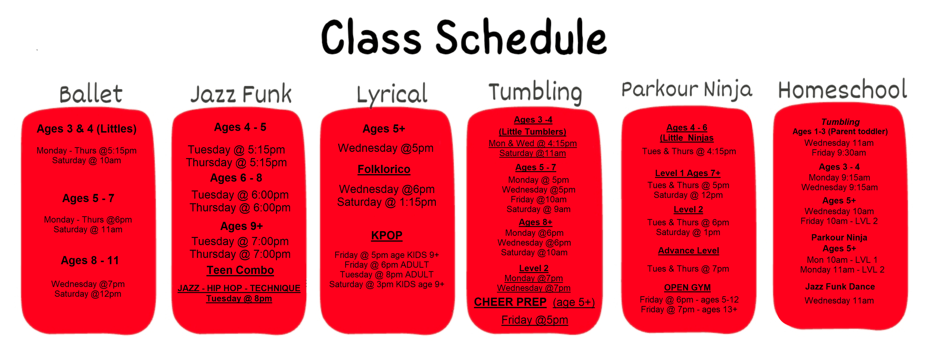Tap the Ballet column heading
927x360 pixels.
click(x=91, y=94)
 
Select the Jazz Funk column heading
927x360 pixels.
click(x=241, y=94)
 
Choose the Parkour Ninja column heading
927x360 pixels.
click(x=687, y=90)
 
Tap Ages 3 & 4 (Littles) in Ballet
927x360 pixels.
click(x=87, y=129)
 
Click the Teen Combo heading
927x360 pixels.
click(x=240, y=270)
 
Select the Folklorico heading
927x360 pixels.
click(x=384, y=169)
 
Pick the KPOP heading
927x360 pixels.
click(x=387, y=235)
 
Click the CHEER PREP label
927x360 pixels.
click(x=510, y=302)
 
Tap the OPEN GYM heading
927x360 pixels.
click(x=687, y=288)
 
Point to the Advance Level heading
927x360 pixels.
click(x=688, y=251)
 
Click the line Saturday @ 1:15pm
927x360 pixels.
click(x=387, y=202)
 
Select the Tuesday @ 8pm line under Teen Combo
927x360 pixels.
click(x=239, y=299)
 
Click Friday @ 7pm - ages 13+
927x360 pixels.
click(x=689, y=310)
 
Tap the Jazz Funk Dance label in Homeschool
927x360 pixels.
click(x=840, y=287)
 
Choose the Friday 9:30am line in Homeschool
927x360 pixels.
click(x=839, y=153)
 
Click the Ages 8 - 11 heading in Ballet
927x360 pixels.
click(x=90, y=260)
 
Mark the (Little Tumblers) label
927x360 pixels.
click(x=532, y=132)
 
